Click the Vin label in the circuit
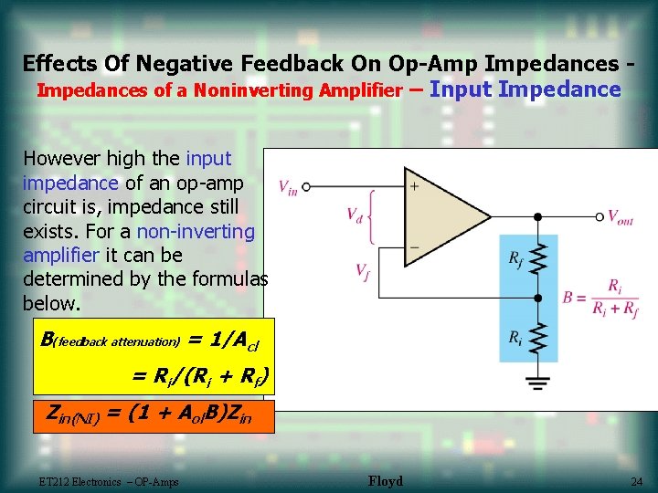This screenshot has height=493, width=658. click(287, 186)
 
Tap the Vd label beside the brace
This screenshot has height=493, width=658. click(355, 215)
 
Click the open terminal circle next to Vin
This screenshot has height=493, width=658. click(306, 186)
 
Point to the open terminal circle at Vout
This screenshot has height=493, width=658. click(600, 217)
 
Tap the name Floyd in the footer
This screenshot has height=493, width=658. click(385, 481)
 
